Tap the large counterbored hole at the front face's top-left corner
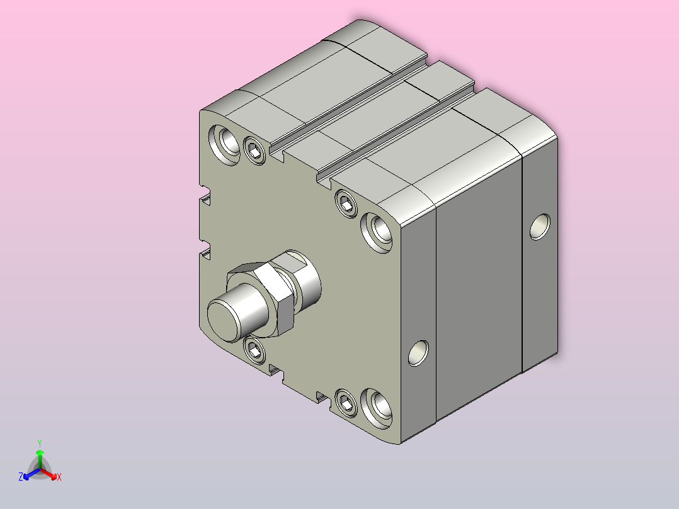click(x=224, y=145)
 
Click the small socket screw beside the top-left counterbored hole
click(x=254, y=151)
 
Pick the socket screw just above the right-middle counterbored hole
click(x=346, y=203)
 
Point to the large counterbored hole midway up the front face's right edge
click(x=377, y=232)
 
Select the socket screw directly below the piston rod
click(x=254, y=349)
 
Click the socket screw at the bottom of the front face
click(x=346, y=403)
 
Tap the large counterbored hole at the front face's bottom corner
click(x=377, y=408)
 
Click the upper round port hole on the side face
click(x=540, y=227)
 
